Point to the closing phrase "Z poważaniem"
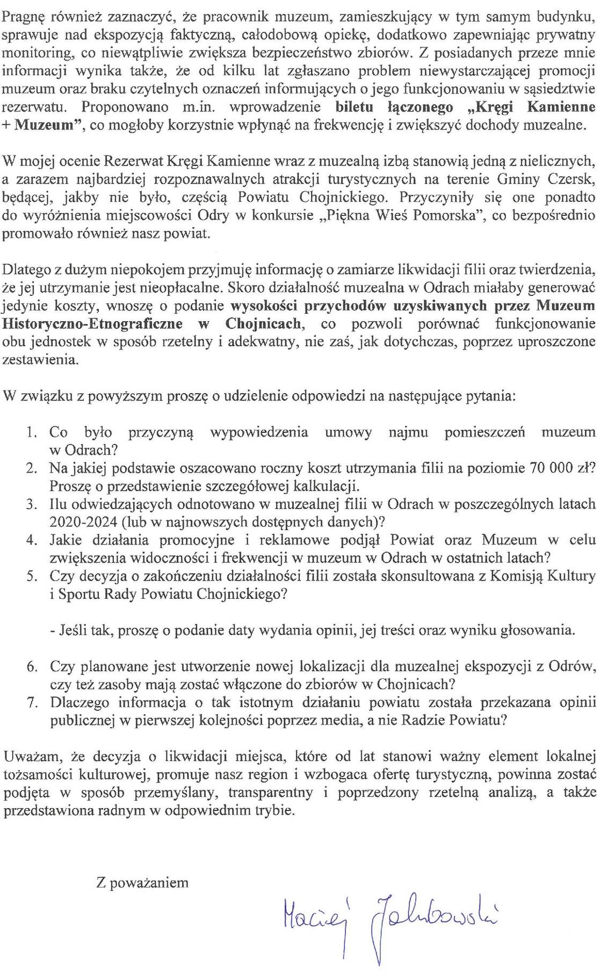(142, 882)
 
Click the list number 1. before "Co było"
(32, 432)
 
